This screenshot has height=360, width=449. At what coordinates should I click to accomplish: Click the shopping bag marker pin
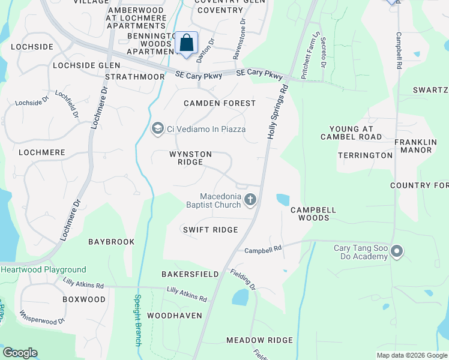tap(186, 43)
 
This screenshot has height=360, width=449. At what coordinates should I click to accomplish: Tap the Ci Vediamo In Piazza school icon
tap(157, 128)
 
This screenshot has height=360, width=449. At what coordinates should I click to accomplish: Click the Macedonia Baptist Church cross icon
tap(250, 200)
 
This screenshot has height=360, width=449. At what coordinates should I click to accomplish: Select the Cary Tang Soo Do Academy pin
tap(396, 251)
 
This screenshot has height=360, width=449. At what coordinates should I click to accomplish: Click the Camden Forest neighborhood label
tap(220, 103)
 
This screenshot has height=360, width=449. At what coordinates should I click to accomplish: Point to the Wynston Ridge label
tap(190, 158)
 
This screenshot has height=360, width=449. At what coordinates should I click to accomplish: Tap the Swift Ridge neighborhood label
tap(210, 230)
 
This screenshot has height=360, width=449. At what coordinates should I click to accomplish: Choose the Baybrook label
tap(111, 242)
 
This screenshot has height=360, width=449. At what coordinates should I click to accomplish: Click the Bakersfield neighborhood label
tap(190, 274)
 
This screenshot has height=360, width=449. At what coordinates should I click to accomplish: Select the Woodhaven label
tap(174, 315)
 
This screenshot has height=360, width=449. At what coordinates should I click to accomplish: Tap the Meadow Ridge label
tap(259, 340)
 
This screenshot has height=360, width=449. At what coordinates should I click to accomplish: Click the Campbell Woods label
tap(313, 214)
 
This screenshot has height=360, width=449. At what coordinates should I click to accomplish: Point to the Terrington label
tap(365, 155)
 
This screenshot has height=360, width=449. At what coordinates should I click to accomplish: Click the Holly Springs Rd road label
tap(277, 113)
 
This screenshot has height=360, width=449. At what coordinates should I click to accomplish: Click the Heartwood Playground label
tap(43, 270)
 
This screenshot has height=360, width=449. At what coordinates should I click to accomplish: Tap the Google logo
tap(20, 353)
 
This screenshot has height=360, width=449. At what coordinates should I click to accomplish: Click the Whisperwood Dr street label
tap(42, 317)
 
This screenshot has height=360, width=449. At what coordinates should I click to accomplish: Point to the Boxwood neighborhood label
tap(83, 299)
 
